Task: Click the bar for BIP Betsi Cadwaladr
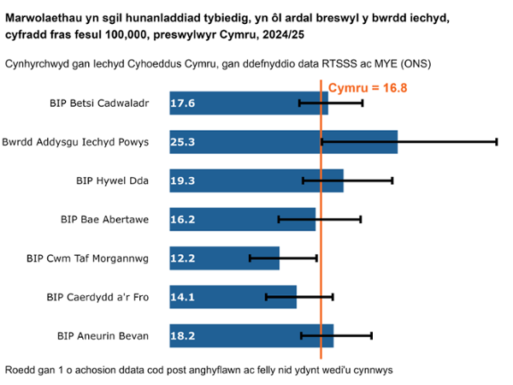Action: tap(248, 103)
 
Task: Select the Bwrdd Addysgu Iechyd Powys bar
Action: tap(283, 142)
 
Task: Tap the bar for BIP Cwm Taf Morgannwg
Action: tap(224, 258)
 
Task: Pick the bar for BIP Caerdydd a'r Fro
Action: tap(233, 297)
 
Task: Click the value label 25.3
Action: tap(183, 142)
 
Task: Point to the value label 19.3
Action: tap(183, 181)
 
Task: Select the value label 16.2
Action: tap(183, 219)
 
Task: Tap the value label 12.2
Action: tap(183, 258)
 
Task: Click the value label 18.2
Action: tap(183, 335)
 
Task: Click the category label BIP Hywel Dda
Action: tap(112, 181)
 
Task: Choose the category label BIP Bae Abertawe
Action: tap(104, 219)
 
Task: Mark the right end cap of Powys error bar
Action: tap(496, 142)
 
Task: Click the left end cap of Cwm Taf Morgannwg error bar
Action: tap(250, 258)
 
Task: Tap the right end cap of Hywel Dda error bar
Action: tap(392, 181)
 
